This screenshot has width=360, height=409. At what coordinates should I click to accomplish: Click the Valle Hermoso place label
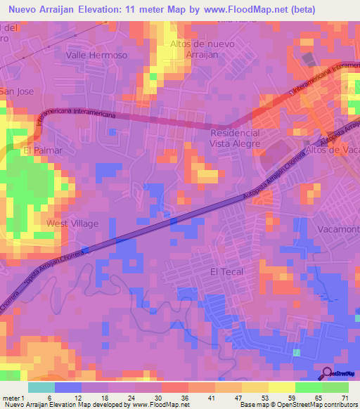tap(96, 55)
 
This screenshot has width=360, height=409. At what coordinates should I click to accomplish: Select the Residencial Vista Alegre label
tap(235, 138)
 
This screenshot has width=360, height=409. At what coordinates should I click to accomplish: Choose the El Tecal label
tap(224, 271)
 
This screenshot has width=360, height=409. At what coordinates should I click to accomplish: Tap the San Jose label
tap(15, 91)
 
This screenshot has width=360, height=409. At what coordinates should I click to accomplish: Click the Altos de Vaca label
tap(333, 150)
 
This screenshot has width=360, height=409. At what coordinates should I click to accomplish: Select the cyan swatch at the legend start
tap(41, 387)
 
